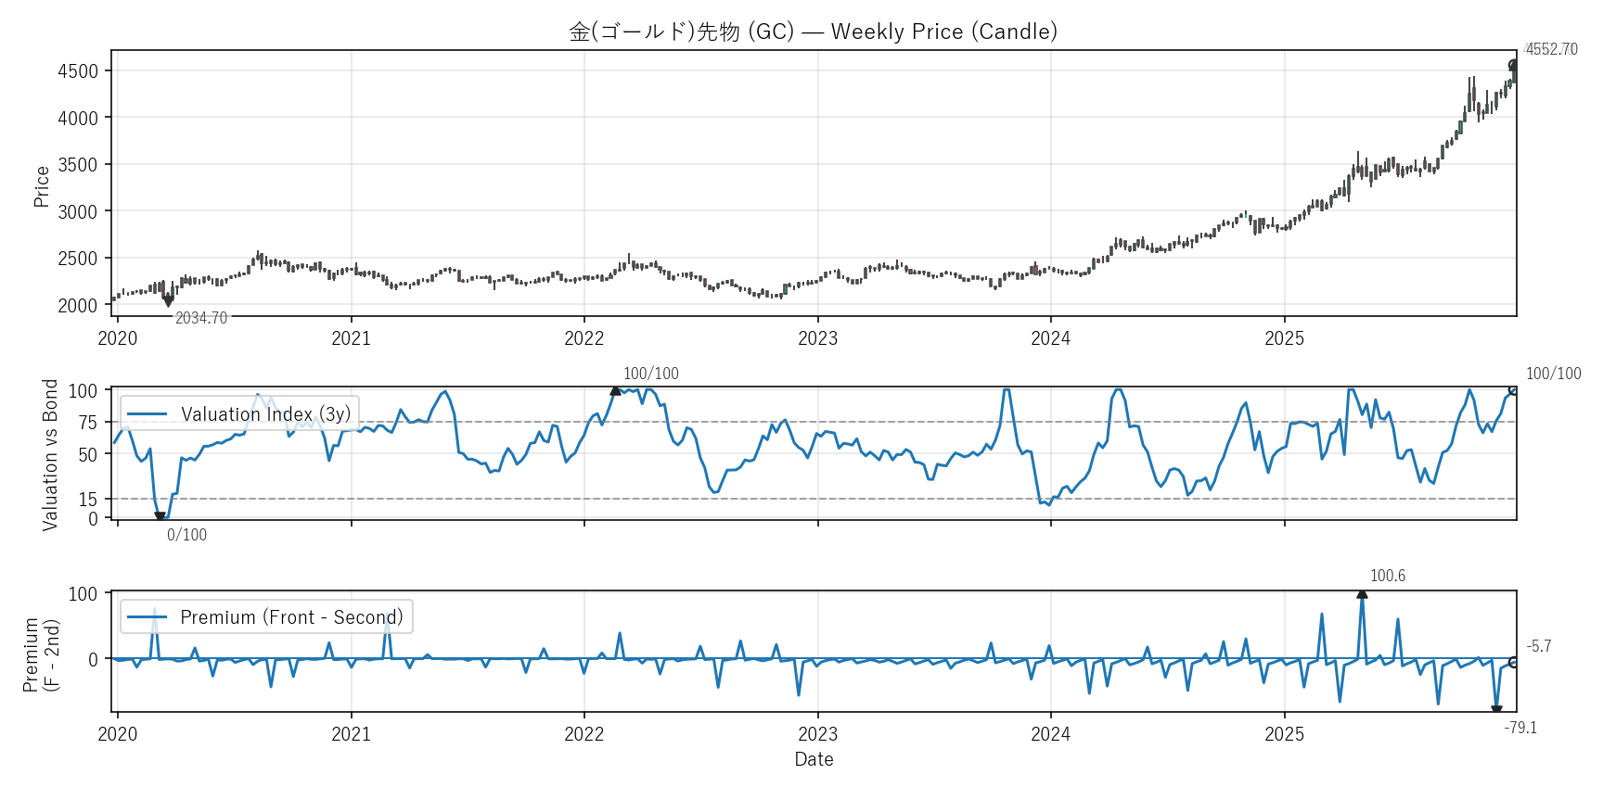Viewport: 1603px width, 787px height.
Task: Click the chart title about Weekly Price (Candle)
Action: pos(813,32)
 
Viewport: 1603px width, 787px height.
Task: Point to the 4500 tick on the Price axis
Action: pos(78,71)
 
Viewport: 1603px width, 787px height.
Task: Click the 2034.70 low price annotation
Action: pos(201,318)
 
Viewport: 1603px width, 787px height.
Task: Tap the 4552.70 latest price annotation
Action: pos(1551,49)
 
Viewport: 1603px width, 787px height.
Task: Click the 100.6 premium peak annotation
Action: pos(1387,576)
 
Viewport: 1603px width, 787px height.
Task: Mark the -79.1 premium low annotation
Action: pos(1520,728)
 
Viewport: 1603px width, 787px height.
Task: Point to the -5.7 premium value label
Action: pos(1538,646)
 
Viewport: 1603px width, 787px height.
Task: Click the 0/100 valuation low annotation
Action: pos(186,535)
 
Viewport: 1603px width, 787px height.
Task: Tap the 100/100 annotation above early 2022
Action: pos(650,374)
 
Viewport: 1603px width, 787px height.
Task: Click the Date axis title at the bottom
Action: pos(814,759)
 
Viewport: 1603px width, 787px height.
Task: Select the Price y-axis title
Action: pos(42,186)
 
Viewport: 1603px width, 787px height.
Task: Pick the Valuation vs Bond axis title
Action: pos(50,454)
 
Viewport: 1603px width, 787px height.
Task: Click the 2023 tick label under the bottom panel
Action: pos(817,734)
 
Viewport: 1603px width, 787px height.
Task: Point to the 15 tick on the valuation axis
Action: pos(87,500)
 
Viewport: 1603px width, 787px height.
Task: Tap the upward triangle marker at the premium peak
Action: pos(1362,593)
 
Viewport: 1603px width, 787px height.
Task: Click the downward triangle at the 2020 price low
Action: pos(168,301)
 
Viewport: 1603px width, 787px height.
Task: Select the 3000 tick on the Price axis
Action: pos(78,211)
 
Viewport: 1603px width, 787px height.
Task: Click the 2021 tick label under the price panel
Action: pos(351,338)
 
